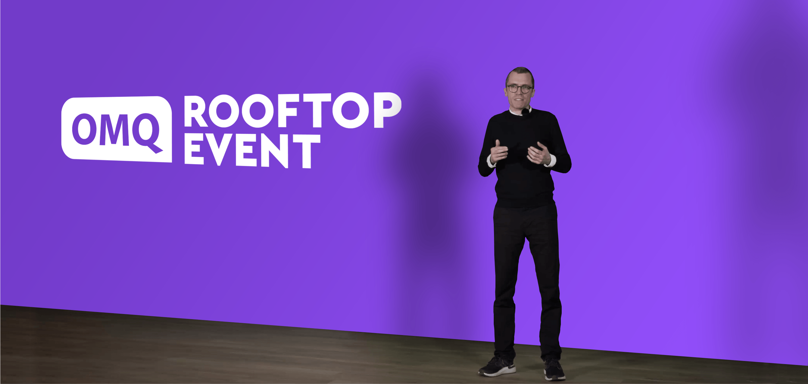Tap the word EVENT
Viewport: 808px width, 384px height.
(x=252, y=150)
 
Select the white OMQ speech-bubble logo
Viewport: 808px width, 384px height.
(x=117, y=129)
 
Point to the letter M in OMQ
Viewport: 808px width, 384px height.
(x=114, y=130)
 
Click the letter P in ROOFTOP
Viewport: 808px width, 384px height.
(x=388, y=110)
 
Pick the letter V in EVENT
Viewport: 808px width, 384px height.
(x=219, y=150)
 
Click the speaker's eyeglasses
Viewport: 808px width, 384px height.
(x=519, y=88)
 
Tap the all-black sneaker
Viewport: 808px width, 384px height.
(x=554, y=370)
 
